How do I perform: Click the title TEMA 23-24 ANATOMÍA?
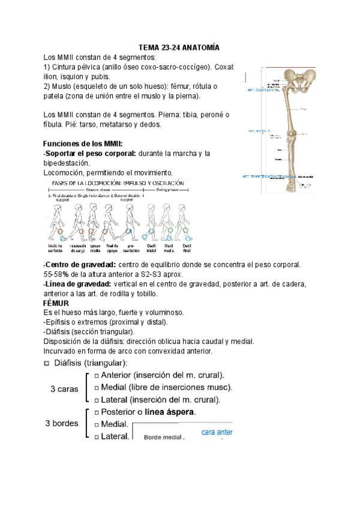point(179,47)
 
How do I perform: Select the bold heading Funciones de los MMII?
point(83,144)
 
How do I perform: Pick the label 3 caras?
point(64,389)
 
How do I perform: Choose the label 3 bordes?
point(62,423)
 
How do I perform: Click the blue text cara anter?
point(216,432)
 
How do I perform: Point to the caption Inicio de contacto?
point(55,248)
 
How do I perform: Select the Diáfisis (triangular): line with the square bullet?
point(90,363)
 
